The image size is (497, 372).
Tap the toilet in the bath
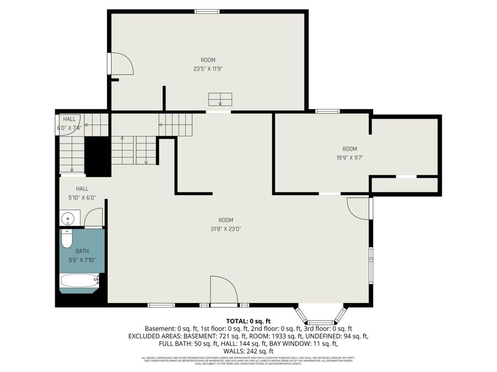[67, 240]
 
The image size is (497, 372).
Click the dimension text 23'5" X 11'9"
[208, 69]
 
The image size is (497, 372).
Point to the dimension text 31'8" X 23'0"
[225, 229]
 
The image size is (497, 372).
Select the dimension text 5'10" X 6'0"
[82, 197]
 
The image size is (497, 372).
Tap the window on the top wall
[207, 11]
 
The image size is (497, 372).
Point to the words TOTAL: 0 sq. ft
[248, 321]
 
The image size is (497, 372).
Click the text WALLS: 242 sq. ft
[248, 351]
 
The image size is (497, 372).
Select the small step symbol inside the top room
[220, 99]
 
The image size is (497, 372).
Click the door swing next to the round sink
[93, 218]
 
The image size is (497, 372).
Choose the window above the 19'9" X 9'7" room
[327, 111]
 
